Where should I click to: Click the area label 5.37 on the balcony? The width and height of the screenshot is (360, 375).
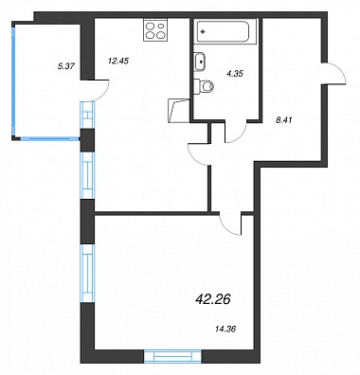(x=66, y=65)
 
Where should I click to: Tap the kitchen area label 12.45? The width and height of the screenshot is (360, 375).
(x=118, y=61)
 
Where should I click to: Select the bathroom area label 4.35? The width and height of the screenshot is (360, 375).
(x=234, y=74)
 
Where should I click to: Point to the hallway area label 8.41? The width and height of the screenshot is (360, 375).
(x=284, y=120)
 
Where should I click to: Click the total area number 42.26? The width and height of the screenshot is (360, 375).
(x=213, y=298)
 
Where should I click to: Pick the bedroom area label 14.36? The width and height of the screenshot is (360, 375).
(x=225, y=330)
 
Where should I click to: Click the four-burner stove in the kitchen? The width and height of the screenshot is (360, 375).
(x=155, y=29)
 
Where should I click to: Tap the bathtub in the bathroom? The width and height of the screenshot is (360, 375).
(x=223, y=31)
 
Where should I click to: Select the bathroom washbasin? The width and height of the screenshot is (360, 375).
(x=200, y=62)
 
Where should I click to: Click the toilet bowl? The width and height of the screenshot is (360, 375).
(x=204, y=86)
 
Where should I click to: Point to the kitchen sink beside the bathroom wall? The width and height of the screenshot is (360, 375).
(x=179, y=110)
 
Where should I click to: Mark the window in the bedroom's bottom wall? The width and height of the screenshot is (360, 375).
(x=173, y=356)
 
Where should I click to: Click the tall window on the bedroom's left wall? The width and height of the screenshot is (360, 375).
(x=88, y=274)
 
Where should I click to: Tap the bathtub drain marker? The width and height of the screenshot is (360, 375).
(x=203, y=31)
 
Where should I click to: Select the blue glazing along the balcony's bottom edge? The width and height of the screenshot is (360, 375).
(x=49, y=138)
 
